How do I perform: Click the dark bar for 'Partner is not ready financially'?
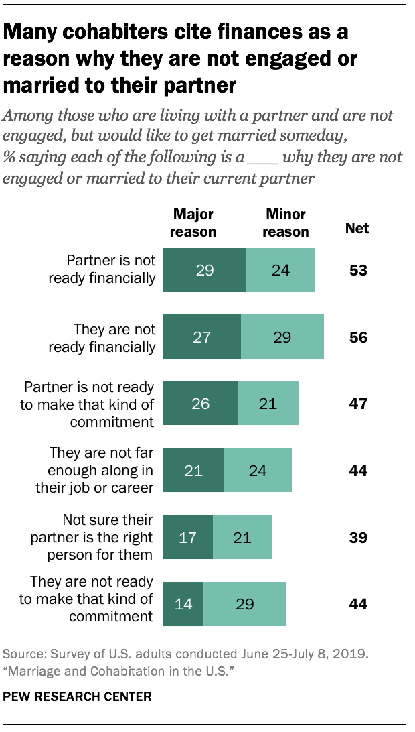205,270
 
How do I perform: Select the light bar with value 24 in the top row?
280,270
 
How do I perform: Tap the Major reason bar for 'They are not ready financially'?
202,337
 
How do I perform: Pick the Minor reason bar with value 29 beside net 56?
282,337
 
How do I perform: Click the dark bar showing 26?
201,404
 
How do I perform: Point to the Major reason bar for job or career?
193,471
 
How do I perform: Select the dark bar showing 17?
188,537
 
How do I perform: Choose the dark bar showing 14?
183,604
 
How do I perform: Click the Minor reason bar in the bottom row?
245,604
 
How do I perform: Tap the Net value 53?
358,271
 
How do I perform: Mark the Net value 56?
358,337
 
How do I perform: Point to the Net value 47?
358,404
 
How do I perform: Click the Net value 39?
358,538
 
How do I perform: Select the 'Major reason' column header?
193,223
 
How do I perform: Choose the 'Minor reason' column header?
286,223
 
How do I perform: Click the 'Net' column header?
357,229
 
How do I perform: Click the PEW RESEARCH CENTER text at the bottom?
78,697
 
